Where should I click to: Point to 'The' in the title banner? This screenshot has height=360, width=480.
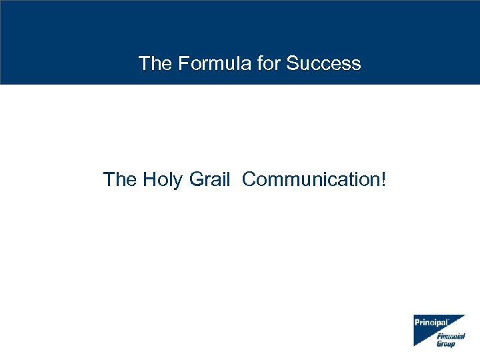point(154,63)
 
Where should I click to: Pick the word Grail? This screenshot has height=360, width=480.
point(209,179)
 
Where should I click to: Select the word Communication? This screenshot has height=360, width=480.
point(310,179)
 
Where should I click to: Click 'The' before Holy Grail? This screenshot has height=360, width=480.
point(119,179)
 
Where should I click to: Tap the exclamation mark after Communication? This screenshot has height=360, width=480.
point(383,179)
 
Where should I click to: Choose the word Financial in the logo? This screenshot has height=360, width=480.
point(451,337)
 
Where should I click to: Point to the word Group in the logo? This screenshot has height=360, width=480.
point(446,344)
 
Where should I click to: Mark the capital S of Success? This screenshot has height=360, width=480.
point(292,63)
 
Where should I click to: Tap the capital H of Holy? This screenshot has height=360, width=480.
point(149,179)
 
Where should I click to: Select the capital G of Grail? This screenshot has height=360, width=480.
point(196,179)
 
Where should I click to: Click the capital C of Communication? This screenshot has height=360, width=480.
point(249,179)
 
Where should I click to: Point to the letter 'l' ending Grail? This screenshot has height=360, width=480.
point(228,179)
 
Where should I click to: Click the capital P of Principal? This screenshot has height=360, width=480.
point(417,323)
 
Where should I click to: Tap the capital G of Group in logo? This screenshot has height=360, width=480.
point(439,344)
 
